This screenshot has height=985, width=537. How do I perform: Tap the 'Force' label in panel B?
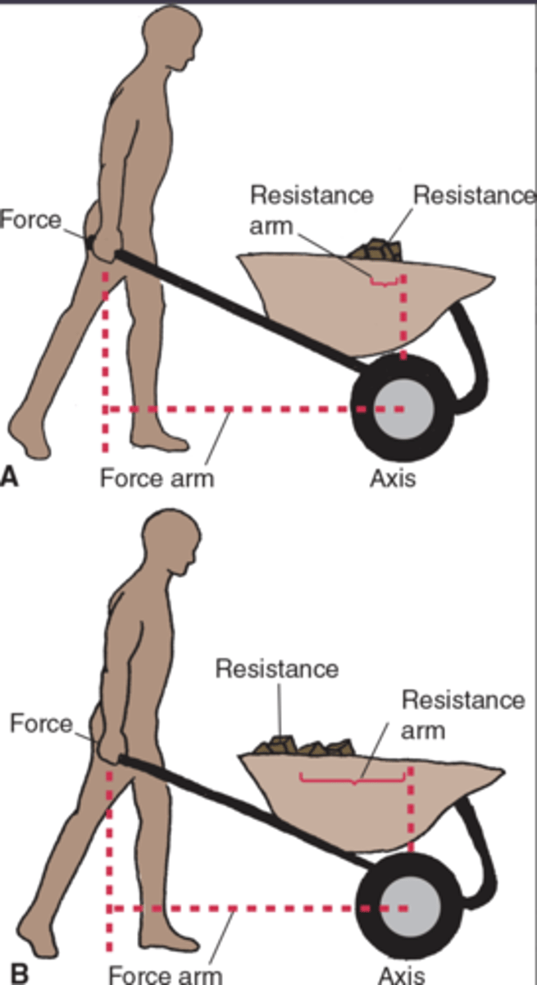[41, 723]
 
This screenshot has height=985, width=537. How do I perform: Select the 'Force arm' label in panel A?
[157, 478]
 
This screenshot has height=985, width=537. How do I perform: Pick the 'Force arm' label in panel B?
[165, 975]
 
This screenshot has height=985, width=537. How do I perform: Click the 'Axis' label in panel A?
[392, 478]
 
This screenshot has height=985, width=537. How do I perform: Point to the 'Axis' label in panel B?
[402, 975]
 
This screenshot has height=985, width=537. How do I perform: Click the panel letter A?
[10, 476]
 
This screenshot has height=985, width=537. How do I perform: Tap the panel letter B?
[18, 974]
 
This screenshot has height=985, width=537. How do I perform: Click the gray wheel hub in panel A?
[399, 409]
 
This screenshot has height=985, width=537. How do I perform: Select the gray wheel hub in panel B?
[406, 907]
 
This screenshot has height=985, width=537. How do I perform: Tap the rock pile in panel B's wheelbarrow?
[304, 747]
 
